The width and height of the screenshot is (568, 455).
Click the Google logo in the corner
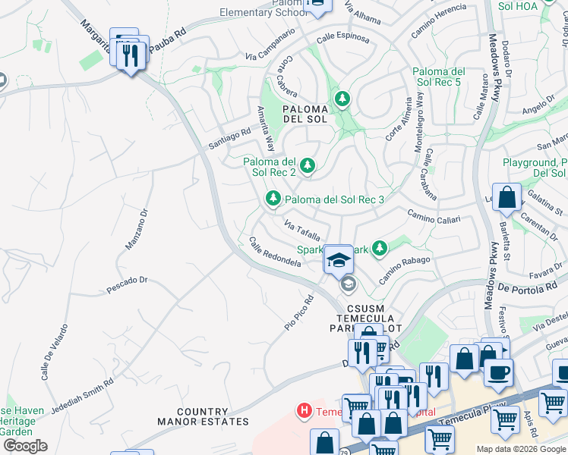(24, 446)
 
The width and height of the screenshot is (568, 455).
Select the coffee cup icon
(498, 372)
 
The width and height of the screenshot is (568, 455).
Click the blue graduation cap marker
(337, 260)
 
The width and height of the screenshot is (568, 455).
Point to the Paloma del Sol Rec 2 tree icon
(308, 165)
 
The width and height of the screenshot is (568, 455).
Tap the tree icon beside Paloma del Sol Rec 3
(273, 199)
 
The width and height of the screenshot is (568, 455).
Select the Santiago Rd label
(229, 133)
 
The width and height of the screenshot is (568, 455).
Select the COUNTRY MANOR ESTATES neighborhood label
(203, 416)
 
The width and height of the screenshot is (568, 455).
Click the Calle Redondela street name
(275, 253)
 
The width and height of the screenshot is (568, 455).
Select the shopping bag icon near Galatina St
(506, 198)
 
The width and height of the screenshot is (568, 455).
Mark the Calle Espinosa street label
(342, 37)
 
